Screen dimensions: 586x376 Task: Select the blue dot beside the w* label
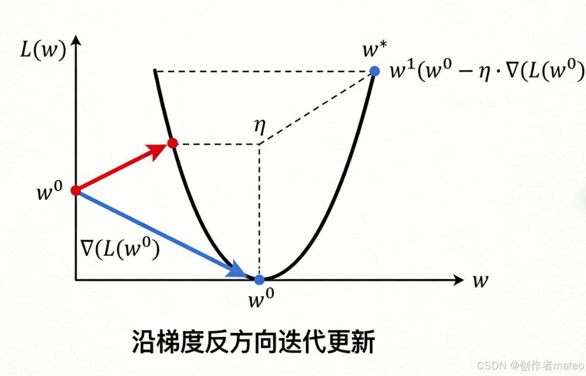[x=374, y=72]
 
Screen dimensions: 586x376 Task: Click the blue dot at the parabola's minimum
[x=259, y=279]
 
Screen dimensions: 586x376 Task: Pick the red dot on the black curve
[x=172, y=143]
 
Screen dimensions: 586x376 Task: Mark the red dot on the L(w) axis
[x=76, y=191]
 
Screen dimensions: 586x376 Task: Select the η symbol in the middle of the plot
[x=258, y=126]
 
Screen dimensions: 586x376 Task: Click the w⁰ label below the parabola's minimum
[x=259, y=299]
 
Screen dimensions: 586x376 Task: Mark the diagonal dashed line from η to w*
[x=316, y=108]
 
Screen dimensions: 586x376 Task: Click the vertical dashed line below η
[x=259, y=209]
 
